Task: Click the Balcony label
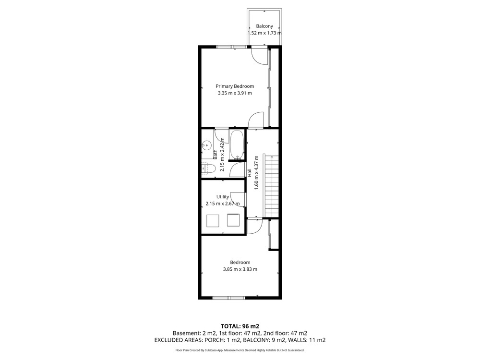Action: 264,26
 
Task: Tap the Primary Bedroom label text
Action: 235,86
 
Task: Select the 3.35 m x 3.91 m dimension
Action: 235,93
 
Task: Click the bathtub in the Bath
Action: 237,145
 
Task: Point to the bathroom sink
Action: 207,145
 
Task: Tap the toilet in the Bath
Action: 208,168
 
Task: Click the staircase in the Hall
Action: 271,186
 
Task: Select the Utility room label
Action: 223,197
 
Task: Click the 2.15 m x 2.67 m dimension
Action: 223,204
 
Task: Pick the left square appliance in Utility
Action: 213,221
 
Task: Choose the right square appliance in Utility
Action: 233,220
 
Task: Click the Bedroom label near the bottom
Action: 240,263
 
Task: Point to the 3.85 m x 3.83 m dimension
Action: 240,269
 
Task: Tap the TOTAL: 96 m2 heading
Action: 240,326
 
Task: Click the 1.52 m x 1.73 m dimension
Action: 264,33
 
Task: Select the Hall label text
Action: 250,173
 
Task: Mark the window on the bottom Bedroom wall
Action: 228,298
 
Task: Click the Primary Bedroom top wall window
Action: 231,47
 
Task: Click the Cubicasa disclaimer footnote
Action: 240,350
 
